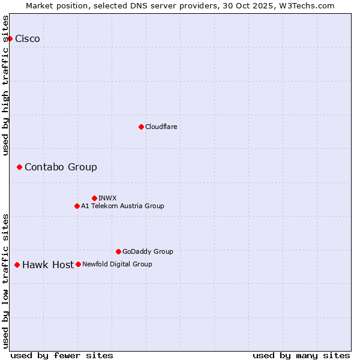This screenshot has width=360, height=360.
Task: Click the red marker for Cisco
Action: [x=10, y=39]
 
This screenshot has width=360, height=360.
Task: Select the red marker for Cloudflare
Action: [x=141, y=127]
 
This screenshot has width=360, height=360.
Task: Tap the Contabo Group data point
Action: [x=19, y=167]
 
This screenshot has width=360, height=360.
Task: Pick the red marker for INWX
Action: [x=94, y=198]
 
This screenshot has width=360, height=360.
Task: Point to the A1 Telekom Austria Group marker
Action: [x=77, y=206]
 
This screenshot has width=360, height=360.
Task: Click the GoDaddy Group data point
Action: [x=118, y=251]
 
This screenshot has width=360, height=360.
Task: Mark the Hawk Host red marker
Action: [x=17, y=265]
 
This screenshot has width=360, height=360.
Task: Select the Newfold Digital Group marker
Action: [x=78, y=264]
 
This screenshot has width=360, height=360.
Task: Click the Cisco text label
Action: [x=28, y=39]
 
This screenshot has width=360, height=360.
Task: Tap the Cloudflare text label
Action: [x=161, y=127]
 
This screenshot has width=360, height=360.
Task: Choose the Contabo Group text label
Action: [x=61, y=167]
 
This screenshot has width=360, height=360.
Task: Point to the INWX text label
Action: [x=107, y=198]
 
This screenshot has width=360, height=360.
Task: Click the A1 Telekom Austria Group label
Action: [x=122, y=206]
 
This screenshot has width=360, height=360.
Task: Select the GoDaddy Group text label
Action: [x=148, y=251]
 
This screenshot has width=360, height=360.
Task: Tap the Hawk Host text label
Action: [x=48, y=265]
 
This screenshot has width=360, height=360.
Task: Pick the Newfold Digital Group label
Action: [x=117, y=264]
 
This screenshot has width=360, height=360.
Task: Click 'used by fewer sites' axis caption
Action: [x=62, y=355]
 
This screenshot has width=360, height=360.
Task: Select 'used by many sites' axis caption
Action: [x=301, y=355]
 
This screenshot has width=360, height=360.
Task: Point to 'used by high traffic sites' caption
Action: [x=5, y=85]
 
